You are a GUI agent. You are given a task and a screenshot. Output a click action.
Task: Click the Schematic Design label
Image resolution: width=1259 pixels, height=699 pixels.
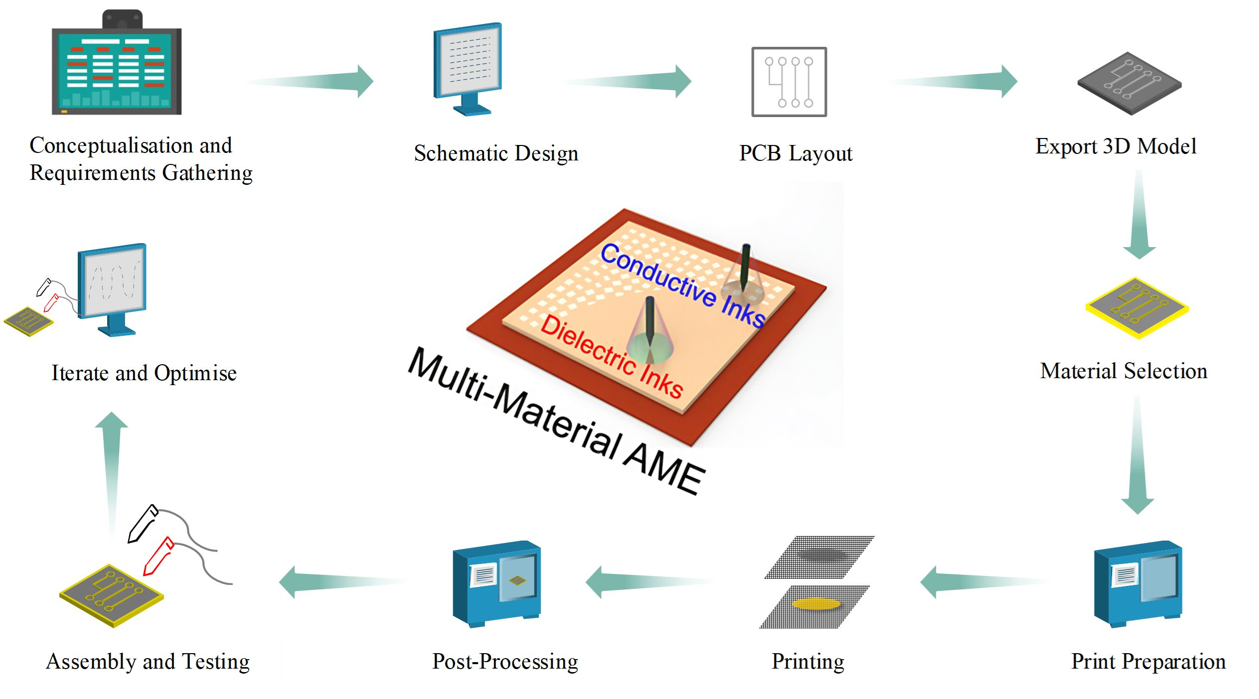496,153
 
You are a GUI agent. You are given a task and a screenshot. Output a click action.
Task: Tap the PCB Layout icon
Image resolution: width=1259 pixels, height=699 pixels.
789,82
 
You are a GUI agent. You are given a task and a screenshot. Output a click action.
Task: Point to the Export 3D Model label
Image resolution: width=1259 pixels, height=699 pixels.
1116,146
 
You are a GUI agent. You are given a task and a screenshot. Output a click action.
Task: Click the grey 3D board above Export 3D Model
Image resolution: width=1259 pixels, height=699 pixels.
1129,84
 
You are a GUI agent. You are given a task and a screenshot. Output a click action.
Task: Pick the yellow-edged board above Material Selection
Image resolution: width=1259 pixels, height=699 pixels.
1137,308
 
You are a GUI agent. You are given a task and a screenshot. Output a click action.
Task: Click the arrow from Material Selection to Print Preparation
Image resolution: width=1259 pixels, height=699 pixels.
1137,453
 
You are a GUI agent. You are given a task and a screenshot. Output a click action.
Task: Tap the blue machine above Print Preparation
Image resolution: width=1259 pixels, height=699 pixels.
1138,584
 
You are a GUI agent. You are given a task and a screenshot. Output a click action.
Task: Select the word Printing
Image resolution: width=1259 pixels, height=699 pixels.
808,662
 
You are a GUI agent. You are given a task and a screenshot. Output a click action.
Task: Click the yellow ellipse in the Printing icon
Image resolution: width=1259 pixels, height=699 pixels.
816,604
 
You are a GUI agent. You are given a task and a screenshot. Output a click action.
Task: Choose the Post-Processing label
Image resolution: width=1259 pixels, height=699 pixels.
505,662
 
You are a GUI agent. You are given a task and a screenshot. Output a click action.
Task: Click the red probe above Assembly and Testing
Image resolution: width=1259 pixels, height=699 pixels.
158,556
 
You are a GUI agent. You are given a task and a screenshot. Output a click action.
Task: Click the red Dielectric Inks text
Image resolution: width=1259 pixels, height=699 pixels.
612,356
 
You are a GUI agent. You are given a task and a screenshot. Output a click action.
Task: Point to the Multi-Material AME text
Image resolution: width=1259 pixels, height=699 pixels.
556,421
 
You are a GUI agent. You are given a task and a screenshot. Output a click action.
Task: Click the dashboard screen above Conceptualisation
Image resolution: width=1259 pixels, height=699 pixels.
117,63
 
